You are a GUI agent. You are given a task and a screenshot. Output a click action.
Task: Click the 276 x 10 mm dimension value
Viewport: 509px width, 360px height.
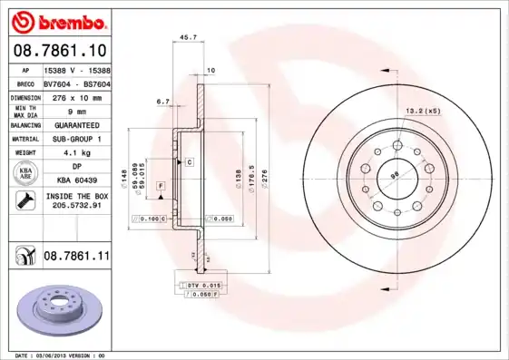(76, 95)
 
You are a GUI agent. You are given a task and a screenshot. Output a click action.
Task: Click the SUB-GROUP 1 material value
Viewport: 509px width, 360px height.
(76, 139)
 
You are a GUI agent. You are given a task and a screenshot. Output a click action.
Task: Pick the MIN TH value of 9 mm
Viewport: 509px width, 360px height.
(76, 110)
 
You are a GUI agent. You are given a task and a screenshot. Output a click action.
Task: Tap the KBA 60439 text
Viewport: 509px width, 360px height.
(76, 180)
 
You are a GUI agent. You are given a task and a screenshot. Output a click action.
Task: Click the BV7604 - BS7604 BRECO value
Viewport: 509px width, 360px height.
(76, 82)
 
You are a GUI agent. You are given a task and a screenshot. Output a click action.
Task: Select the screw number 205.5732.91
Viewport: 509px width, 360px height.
(76, 206)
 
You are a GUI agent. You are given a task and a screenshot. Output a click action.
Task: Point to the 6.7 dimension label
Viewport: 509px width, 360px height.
(163, 102)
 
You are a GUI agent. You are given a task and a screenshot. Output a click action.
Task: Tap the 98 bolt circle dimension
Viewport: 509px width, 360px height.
(394, 174)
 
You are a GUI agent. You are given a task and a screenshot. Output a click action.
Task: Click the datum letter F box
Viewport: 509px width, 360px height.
(161, 185)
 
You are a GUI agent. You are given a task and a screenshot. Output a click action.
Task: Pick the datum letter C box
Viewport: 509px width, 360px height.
(190, 162)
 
